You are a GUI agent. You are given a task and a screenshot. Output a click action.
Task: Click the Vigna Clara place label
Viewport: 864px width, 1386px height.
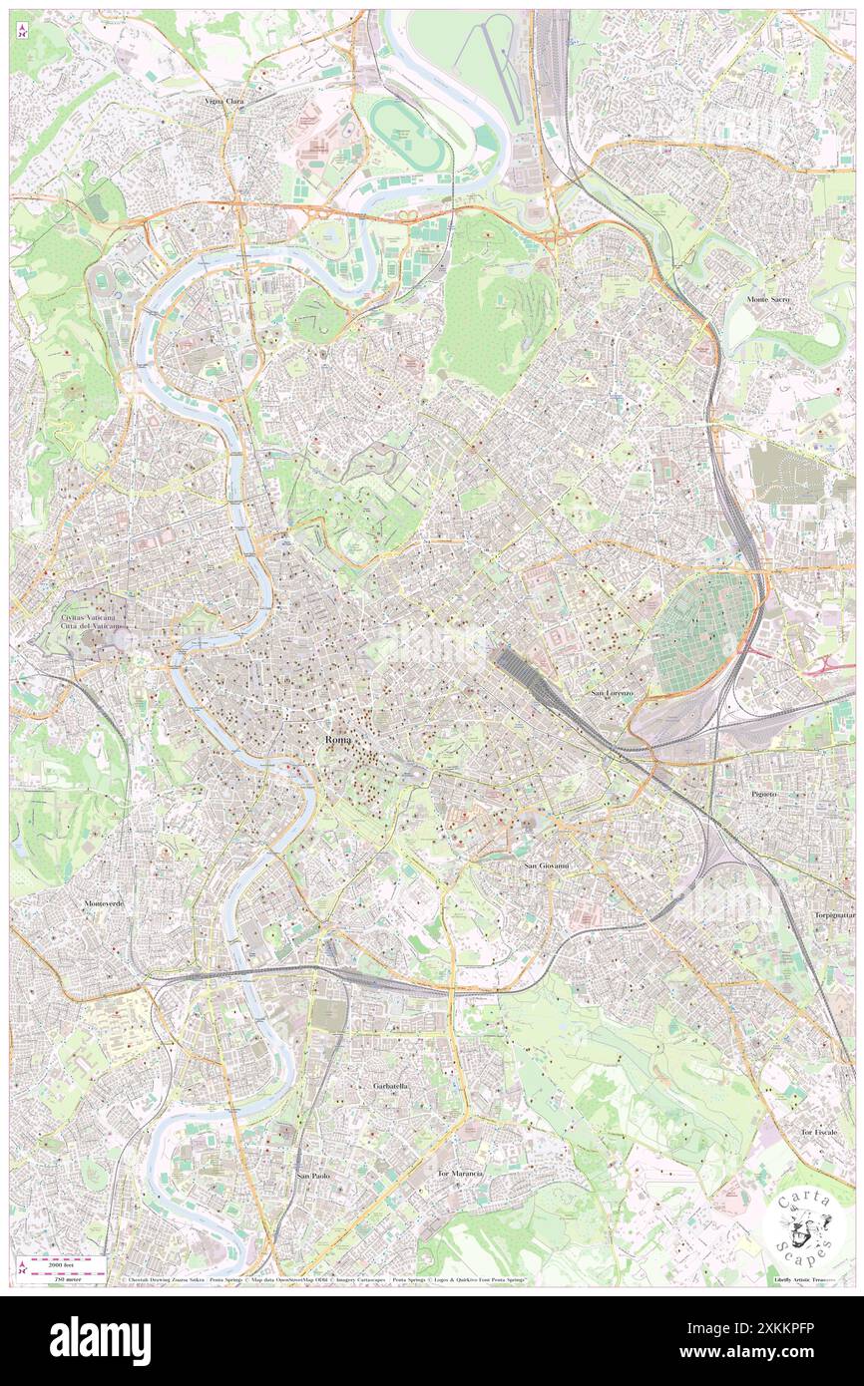click(223, 102)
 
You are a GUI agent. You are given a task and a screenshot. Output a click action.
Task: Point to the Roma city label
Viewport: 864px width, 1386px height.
click(337, 741)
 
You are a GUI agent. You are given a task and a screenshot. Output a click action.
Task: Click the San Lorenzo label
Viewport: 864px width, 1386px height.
click(612, 693)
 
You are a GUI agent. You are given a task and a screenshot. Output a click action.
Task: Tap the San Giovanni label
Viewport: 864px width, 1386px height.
click(547, 866)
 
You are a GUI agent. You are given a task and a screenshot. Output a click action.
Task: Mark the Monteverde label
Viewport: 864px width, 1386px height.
click(105, 902)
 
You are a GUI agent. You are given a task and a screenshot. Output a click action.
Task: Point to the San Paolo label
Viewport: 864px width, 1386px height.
click(313, 1177)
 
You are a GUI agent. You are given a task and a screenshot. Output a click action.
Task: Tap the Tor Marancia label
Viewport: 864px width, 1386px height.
click(460, 1174)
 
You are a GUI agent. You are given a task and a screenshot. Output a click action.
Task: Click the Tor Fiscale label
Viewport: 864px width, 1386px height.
click(818, 1133)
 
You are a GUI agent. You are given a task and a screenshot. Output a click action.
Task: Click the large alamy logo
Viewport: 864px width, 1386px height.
click(100, 1340)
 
